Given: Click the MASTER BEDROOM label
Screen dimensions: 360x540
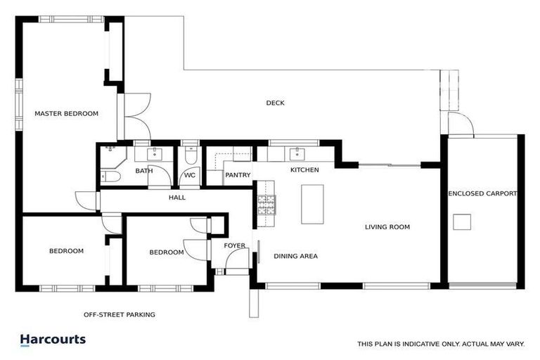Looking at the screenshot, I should point(67,113).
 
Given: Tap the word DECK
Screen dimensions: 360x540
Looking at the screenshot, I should point(275,103).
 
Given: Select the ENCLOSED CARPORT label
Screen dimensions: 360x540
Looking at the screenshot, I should point(482,193).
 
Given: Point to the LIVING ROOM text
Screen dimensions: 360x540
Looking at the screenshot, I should point(387,227).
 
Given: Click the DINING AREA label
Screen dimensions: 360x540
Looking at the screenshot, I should point(295,256).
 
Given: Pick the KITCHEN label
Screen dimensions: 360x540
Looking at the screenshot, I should point(304,170).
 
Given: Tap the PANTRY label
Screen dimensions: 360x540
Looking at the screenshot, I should point(238,175).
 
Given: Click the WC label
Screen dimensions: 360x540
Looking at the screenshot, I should point(190,175).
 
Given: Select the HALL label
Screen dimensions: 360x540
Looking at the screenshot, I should point(177,198).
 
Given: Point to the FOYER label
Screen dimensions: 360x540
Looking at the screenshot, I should point(235,245).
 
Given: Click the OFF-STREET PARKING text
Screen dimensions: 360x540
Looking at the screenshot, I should point(119,315).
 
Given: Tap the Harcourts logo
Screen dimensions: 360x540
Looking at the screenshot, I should point(53,340).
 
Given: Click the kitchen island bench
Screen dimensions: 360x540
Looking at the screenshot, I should point(312,204).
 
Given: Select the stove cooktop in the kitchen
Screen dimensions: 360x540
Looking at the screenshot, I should point(266,205).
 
